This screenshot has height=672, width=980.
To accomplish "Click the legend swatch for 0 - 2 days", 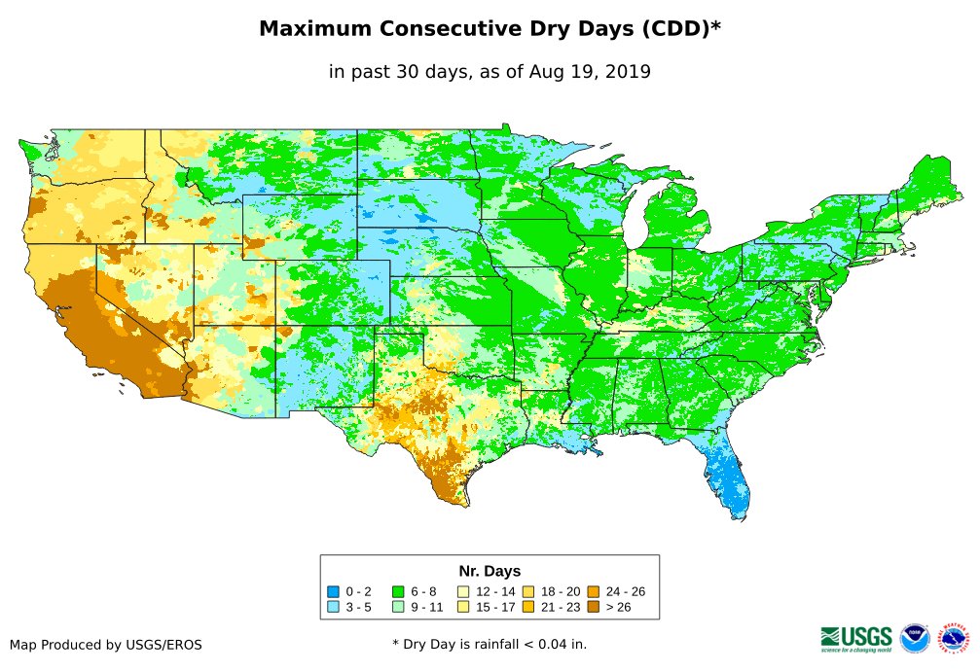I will tap(333, 591).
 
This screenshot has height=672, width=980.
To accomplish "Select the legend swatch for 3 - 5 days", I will tap(333, 606).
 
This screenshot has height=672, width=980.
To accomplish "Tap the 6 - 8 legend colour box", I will tap(398, 591).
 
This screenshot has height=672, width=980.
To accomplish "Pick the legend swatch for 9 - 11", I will tap(398, 606).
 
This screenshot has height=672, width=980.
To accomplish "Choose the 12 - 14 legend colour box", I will tap(463, 591).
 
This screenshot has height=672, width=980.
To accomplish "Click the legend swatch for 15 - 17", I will tap(463, 606).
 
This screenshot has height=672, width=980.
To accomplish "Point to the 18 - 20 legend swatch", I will tap(528, 591).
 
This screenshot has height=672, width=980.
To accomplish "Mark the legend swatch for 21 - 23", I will tap(528, 606).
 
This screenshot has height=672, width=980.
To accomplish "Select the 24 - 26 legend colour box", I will tap(594, 591).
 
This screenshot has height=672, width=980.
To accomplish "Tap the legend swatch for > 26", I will tap(594, 606).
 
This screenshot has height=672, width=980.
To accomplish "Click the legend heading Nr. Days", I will tap(490, 571).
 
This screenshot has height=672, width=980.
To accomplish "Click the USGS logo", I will tap(856, 637).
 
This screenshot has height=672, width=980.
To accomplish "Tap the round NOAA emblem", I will tap(915, 638).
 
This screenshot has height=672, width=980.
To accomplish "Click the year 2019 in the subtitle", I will tap(629, 71).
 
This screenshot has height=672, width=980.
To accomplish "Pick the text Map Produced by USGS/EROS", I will tap(106, 645).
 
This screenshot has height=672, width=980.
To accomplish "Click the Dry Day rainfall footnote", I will tap(490, 644).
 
